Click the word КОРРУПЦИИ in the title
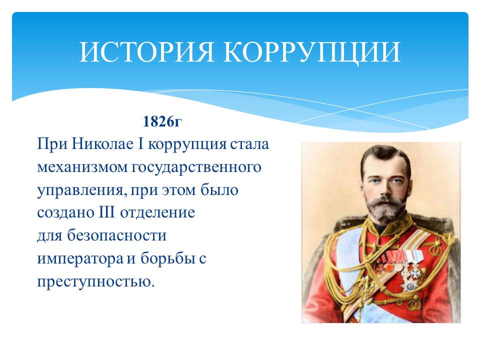[x=312, y=52]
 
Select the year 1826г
[x=162, y=121]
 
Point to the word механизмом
[x=82, y=167]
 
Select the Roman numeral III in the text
[x=106, y=212]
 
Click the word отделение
[x=157, y=213]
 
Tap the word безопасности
[x=117, y=235]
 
